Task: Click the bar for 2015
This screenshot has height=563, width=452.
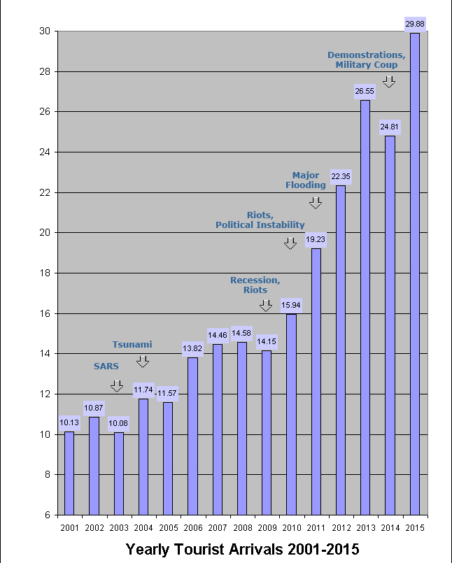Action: [415, 273]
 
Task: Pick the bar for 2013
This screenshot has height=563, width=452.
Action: [365, 307]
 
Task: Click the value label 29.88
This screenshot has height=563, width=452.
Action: [415, 24]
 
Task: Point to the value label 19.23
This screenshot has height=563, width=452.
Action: [316, 239]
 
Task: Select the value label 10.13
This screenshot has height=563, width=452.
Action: [69, 422]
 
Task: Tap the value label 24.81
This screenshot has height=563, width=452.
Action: [390, 127]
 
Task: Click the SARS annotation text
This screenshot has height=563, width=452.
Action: [106, 366]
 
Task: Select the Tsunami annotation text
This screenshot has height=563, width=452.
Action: [132, 344]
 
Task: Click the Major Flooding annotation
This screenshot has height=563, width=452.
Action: [306, 180]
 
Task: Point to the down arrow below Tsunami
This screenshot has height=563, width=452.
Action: [143, 362]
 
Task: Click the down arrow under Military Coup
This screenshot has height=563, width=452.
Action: [389, 82]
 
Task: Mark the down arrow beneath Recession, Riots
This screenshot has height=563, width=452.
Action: [266, 306]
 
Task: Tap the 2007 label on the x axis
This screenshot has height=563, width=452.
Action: [218, 528]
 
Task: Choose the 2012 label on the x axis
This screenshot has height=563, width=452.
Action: [341, 528]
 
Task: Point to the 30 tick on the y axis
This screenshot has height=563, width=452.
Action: [44, 31]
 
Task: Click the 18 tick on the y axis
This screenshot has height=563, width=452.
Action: [44, 273]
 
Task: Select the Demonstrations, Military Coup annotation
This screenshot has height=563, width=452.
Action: [367, 59]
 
